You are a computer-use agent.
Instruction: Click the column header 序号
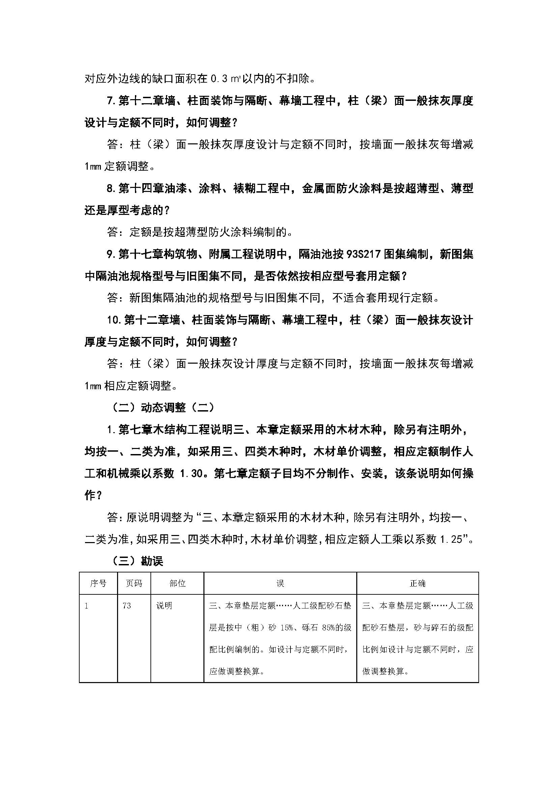98,584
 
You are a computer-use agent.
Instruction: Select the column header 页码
134,584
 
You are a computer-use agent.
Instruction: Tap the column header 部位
177,584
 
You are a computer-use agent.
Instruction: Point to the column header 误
280,584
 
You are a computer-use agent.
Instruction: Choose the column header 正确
417,584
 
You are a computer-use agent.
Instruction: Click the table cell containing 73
127,605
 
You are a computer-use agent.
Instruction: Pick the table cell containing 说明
164,605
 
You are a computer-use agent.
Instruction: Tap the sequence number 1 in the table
86,605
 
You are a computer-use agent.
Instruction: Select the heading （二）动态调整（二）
163,407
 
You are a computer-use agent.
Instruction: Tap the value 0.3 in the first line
219,79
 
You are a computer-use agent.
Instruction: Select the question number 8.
110,189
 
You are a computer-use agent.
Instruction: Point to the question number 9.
110,254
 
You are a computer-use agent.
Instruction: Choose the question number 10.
113,320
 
